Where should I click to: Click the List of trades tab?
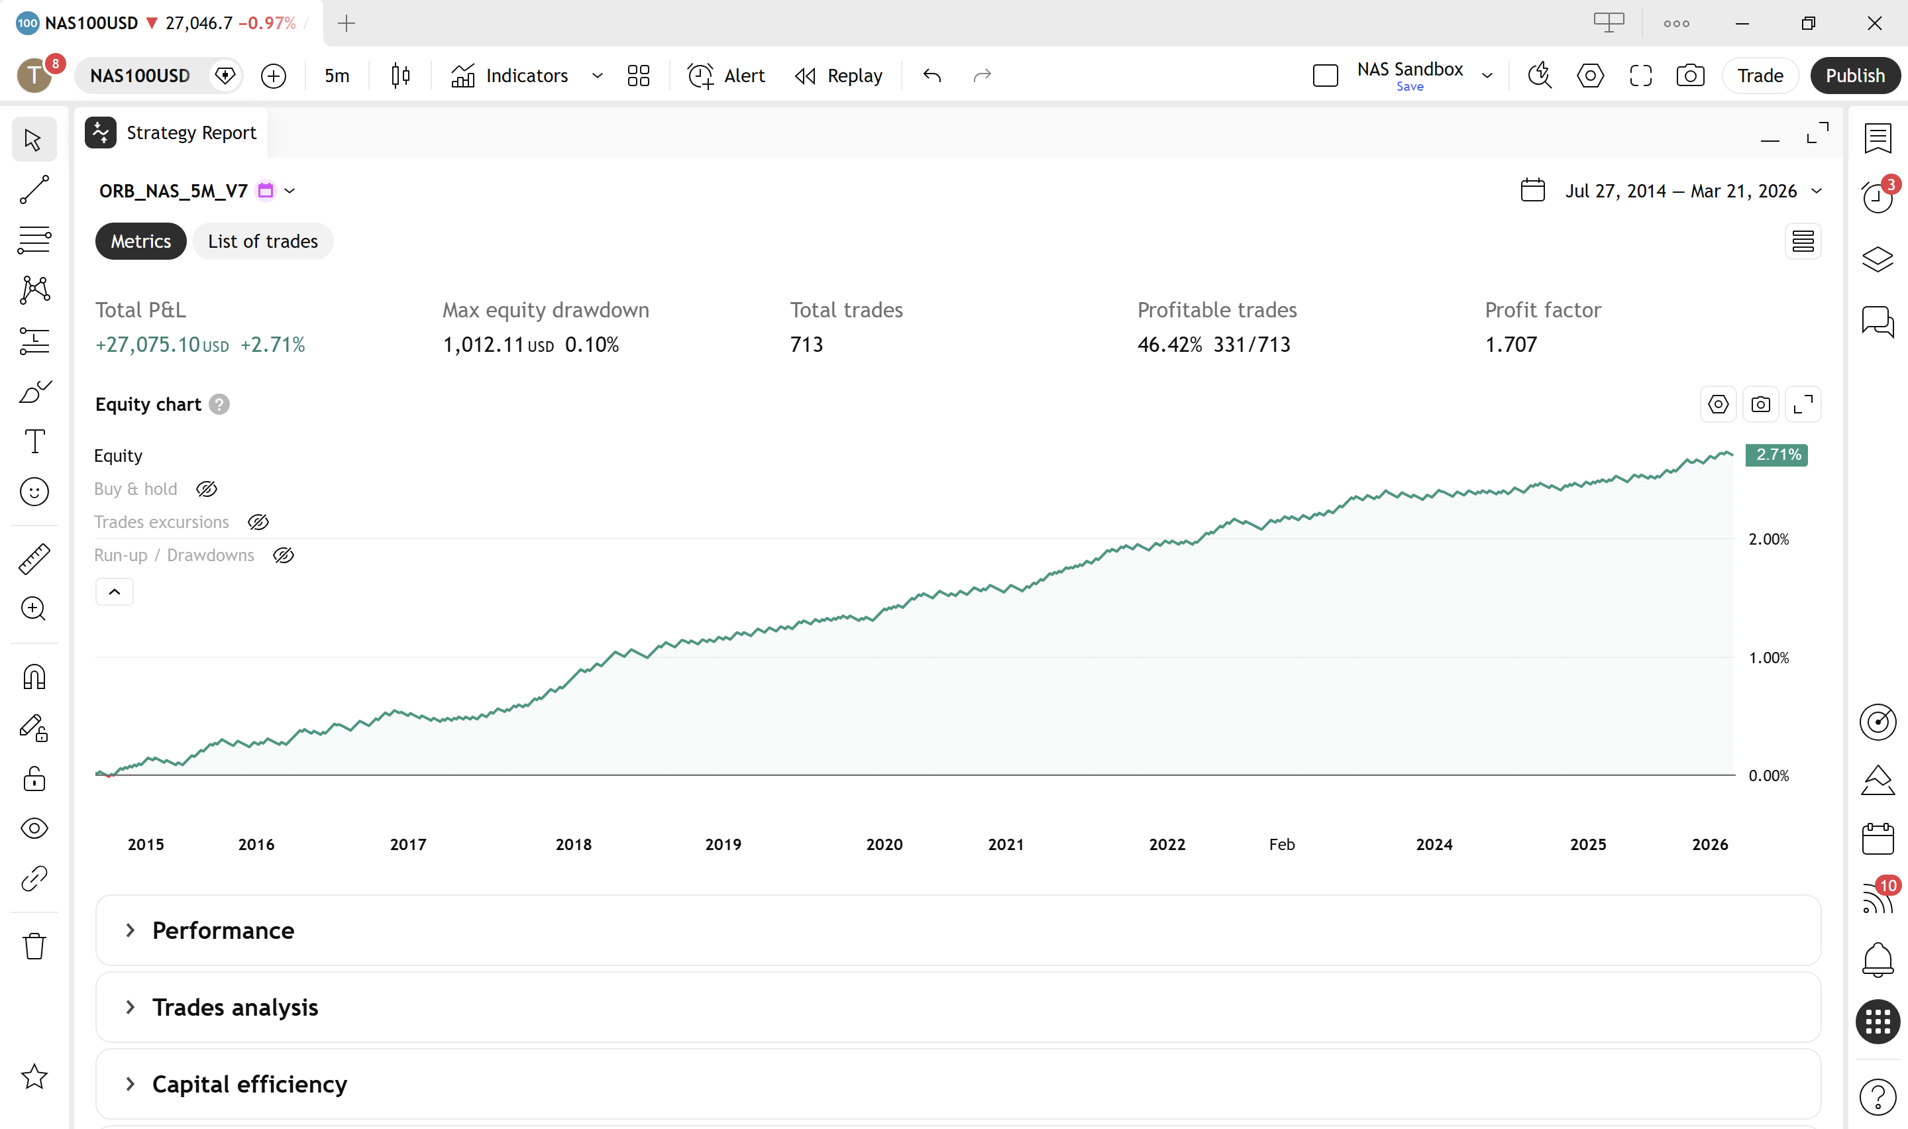(262, 241)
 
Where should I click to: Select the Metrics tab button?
(140, 241)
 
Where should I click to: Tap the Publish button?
(1855, 76)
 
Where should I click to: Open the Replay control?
(839, 76)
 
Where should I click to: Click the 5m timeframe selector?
(337, 76)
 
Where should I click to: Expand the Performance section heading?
(223, 930)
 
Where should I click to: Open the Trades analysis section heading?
(235, 1006)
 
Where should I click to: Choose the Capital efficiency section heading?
(250, 1083)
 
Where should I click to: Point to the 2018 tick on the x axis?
(573, 845)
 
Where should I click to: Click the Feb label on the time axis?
(1281, 845)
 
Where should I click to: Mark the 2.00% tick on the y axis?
(1768, 539)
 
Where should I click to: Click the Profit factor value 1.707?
(1510, 345)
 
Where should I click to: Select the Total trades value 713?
(806, 345)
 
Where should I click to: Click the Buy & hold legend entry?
(135, 489)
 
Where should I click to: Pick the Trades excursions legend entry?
(161, 522)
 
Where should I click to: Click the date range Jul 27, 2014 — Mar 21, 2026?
(1680, 191)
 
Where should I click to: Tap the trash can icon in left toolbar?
(34, 946)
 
